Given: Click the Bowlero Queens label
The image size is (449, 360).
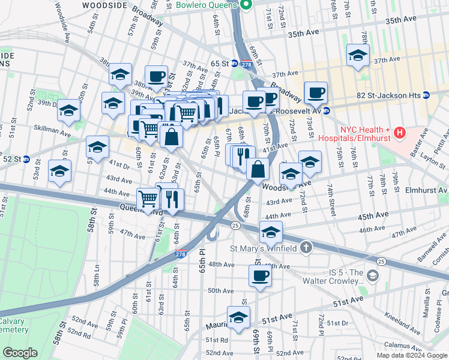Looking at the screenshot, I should click(208, 5).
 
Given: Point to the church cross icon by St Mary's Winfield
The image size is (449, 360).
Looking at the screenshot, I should click(306, 247).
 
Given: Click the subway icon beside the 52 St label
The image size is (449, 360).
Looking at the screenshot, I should click(25, 159).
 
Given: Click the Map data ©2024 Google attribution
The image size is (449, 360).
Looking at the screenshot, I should click(411, 355).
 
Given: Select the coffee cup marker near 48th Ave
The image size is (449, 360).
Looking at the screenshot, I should click(260, 275).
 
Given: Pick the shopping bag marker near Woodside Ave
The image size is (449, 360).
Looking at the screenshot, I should click(258, 170).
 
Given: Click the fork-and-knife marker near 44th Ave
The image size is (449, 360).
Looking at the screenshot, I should click(172, 199).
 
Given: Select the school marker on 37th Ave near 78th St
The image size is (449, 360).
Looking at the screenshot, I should click(358, 56).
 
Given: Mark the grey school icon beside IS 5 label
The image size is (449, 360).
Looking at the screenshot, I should click(372, 275).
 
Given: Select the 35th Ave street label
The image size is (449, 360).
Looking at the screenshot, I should click(401, 20).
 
